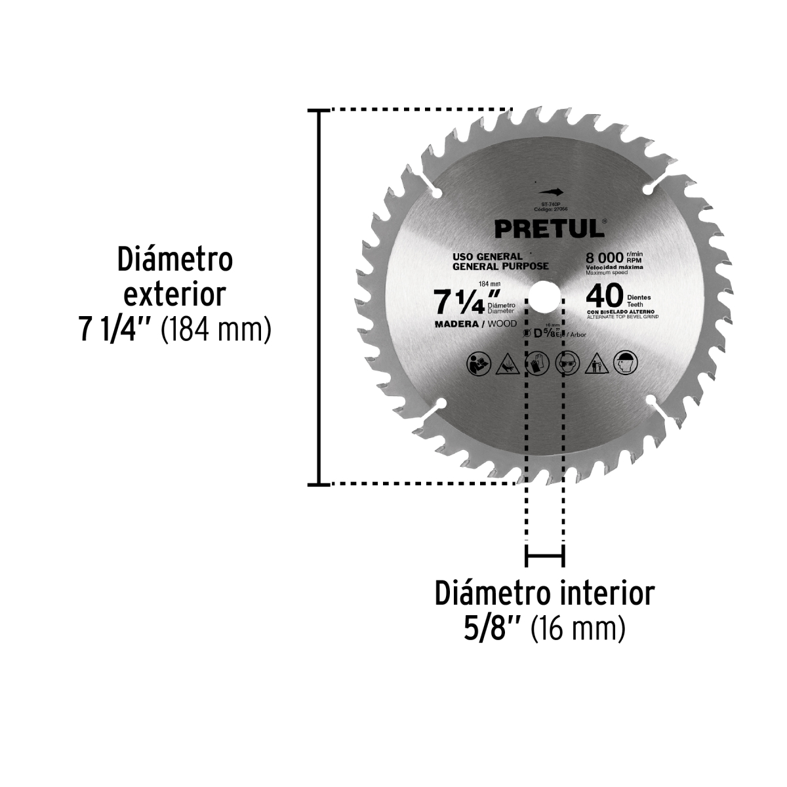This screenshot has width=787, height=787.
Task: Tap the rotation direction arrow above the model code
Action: (550, 192)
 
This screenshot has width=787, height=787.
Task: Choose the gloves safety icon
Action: (536, 363)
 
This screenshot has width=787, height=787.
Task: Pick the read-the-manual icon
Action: (477, 363)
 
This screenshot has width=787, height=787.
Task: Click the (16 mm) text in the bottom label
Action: (577, 630)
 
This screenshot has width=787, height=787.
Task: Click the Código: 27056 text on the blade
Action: (550, 209)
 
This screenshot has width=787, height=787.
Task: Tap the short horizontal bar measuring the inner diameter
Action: (544, 557)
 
